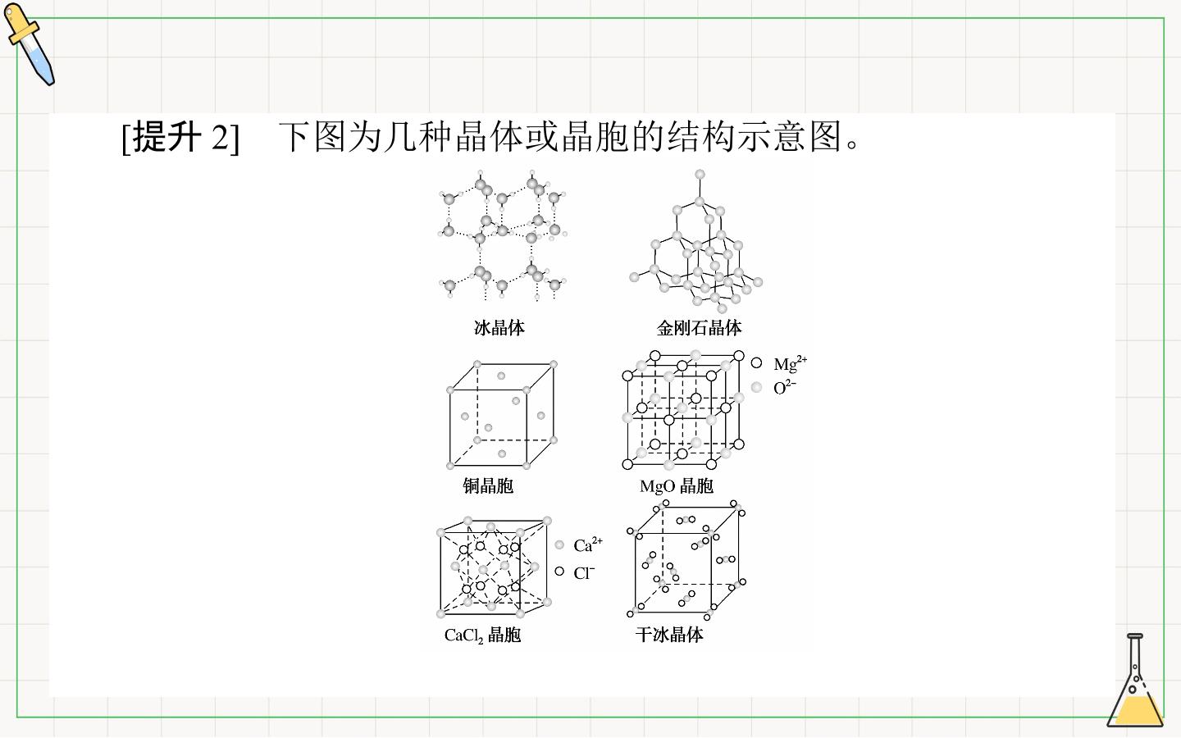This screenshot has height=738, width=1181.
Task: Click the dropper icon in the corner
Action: tap(29, 43)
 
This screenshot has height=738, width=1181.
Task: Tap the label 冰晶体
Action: tap(499, 328)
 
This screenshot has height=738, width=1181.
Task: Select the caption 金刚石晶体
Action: tap(699, 328)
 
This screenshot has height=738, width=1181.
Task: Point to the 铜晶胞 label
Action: tap(488, 485)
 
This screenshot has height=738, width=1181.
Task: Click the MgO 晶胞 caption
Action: tap(677, 485)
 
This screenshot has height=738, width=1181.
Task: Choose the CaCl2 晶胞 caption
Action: tap(482, 635)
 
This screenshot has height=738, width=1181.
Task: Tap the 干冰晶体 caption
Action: tap(669, 634)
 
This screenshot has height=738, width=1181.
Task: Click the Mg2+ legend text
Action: tap(790, 363)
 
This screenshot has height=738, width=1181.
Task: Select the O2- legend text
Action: tap(785, 387)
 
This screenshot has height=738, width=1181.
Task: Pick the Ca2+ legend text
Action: tap(588, 544)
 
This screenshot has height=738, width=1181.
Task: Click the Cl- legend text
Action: tap(584, 572)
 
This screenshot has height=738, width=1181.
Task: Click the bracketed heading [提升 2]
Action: tap(180, 137)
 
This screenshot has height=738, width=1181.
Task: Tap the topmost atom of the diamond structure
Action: tap(700, 175)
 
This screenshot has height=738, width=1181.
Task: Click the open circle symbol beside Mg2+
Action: tap(756, 362)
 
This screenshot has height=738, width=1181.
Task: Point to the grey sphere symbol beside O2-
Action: tap(756, 387)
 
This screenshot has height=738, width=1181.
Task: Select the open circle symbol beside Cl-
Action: tap(559, 572)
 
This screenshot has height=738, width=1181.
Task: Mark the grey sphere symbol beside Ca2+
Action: tap(559, 545)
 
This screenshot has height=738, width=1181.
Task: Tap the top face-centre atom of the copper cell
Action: tap(501, 376)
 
